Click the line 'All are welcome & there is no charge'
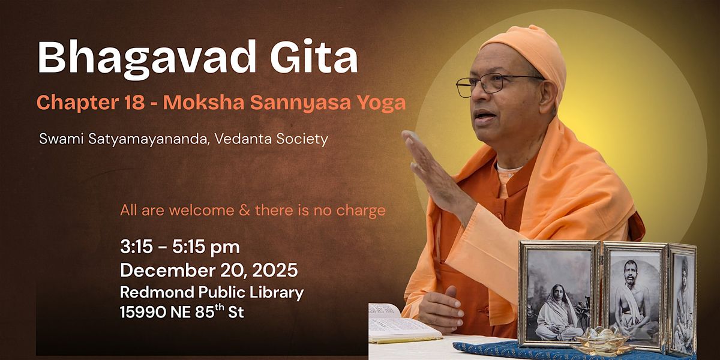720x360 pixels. coord(253,211)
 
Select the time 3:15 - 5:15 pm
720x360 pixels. coord(180,247)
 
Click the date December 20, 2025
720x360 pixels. coord(209,270)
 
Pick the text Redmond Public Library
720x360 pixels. coord(212,292)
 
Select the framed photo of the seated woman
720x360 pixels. coord(559,294)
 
